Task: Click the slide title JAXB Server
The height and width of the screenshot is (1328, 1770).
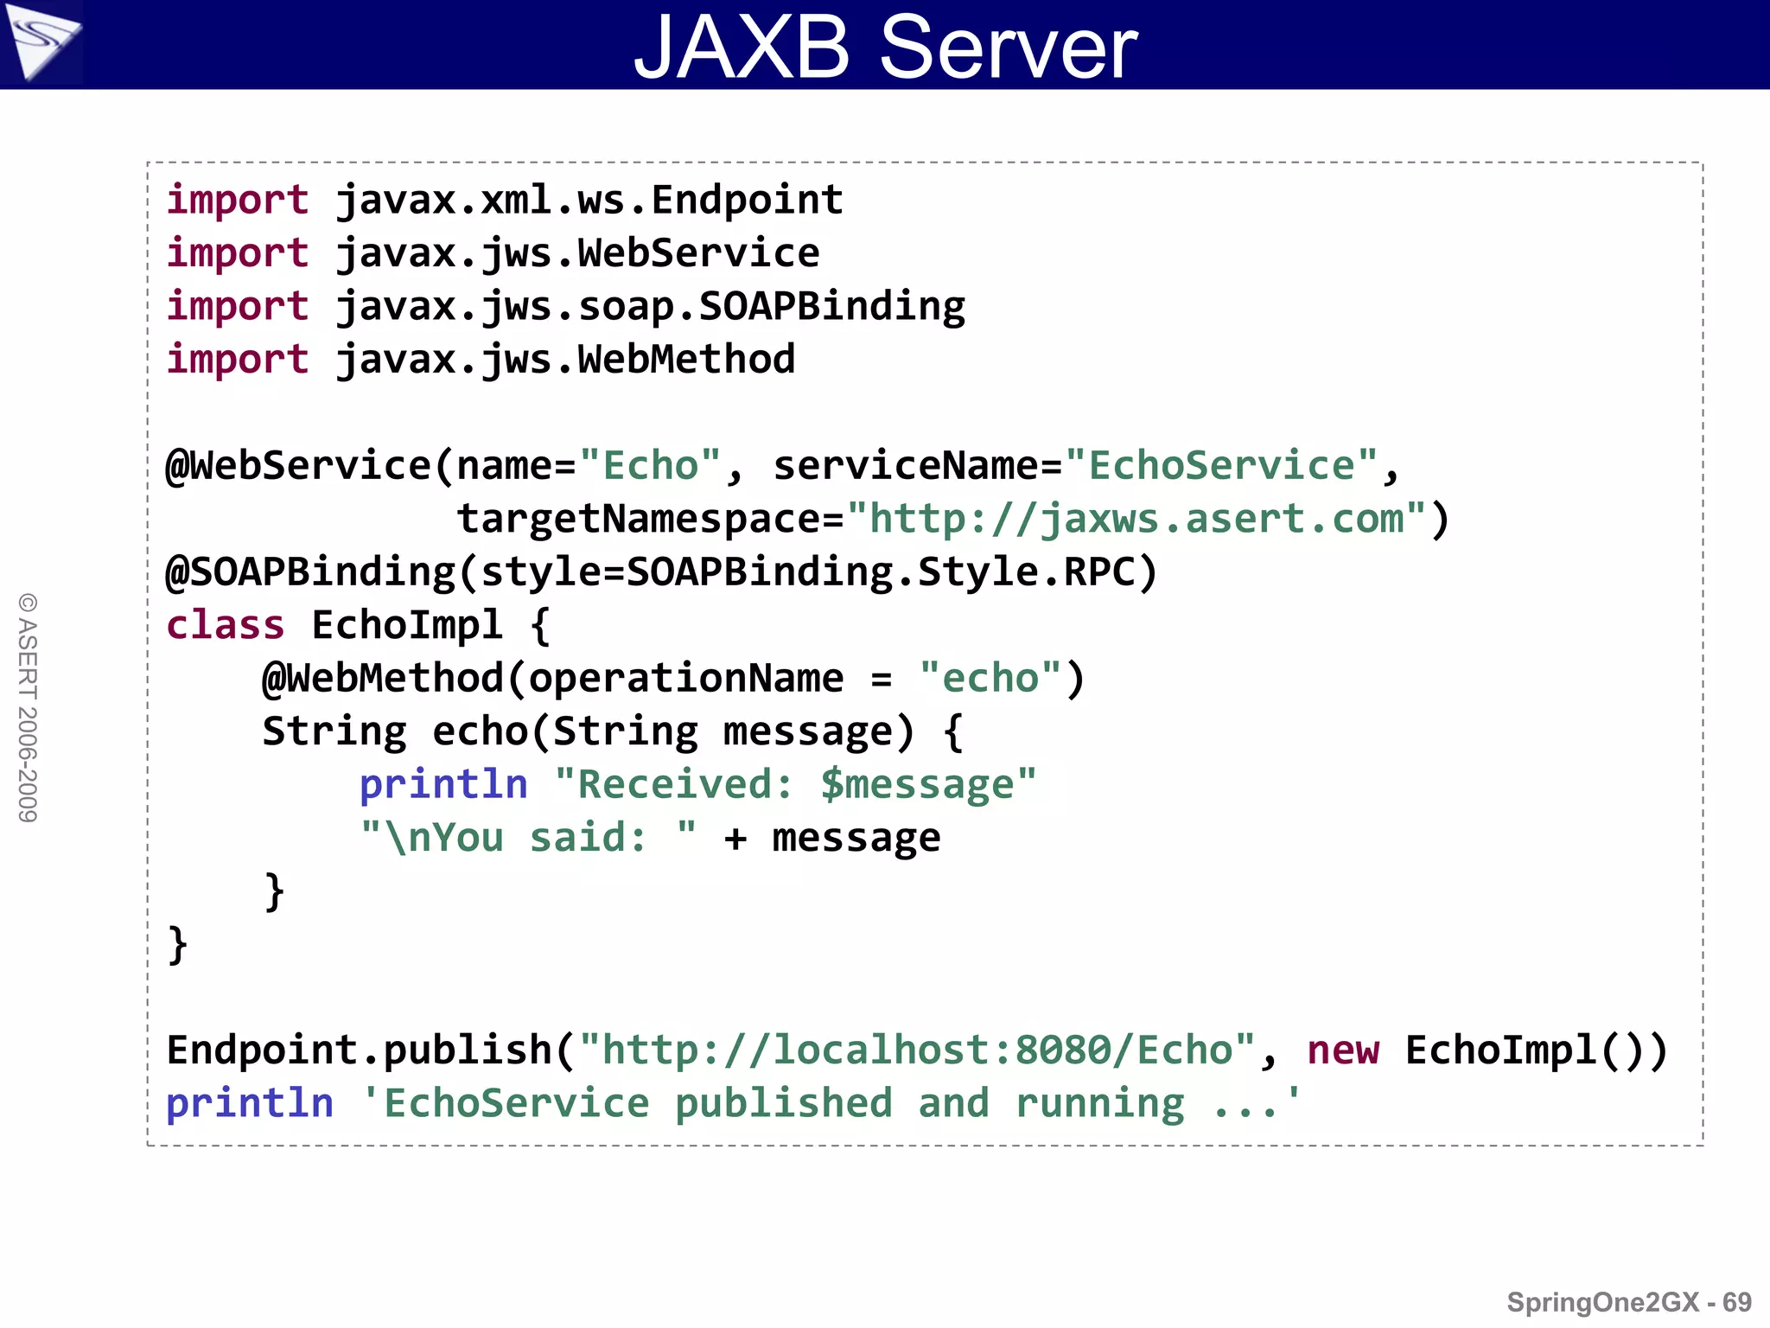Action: pos(885,47)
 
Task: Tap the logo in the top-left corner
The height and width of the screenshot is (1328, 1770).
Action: pos(41,41)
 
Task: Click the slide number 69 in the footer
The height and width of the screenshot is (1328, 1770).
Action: pos(1736,1302)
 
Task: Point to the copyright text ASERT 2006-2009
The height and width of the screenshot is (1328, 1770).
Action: pos(28,708)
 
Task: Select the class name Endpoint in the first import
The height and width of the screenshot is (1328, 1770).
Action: pos(747,201)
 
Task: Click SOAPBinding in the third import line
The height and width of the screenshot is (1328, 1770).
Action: pos(831,307)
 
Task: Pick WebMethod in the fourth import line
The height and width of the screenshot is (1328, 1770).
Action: pos(686,360)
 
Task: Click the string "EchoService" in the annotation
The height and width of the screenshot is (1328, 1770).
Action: pos(1222,466)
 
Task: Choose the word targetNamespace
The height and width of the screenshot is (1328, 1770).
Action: pos(638,520)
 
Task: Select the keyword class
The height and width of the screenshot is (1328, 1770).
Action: pos(225,625)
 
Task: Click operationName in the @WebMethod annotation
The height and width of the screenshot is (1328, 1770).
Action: pos(686,679)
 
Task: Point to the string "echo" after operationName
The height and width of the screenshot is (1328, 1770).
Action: pos(990,679)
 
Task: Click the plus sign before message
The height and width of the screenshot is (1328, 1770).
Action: pos(735,838)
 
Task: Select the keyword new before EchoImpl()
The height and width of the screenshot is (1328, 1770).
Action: pos(1343,1050)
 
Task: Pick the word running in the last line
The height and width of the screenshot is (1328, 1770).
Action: pos(1099,1104)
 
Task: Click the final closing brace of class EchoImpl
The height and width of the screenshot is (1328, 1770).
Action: pos(177,944)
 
